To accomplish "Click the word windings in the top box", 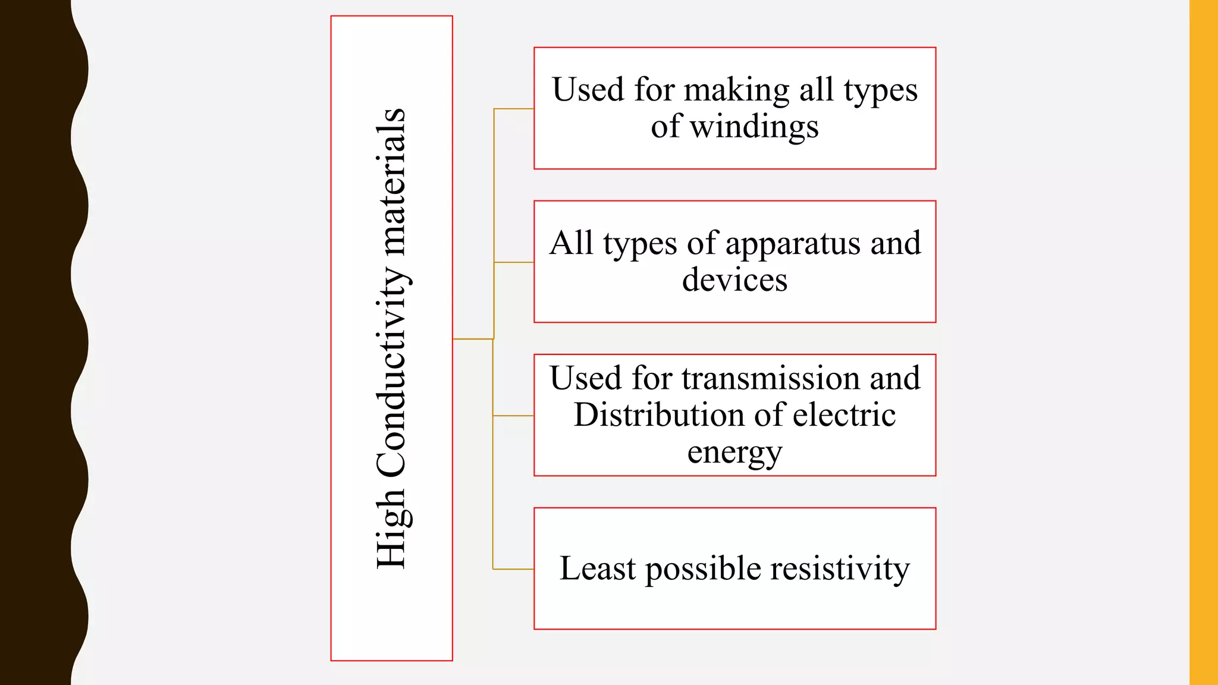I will (754, 127).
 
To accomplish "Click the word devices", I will (734, 279).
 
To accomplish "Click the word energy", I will (734, 453).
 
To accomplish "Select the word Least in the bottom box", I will (597, 568).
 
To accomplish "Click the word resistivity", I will (840, 568).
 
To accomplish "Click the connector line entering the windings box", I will (514, 109).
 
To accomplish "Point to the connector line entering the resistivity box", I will (514, 569).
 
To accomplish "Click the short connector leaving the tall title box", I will (473, 339).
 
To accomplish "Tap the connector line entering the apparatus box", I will (514, 262).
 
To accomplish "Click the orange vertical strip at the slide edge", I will (1203, 342).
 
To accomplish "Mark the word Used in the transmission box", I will (586, 378).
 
